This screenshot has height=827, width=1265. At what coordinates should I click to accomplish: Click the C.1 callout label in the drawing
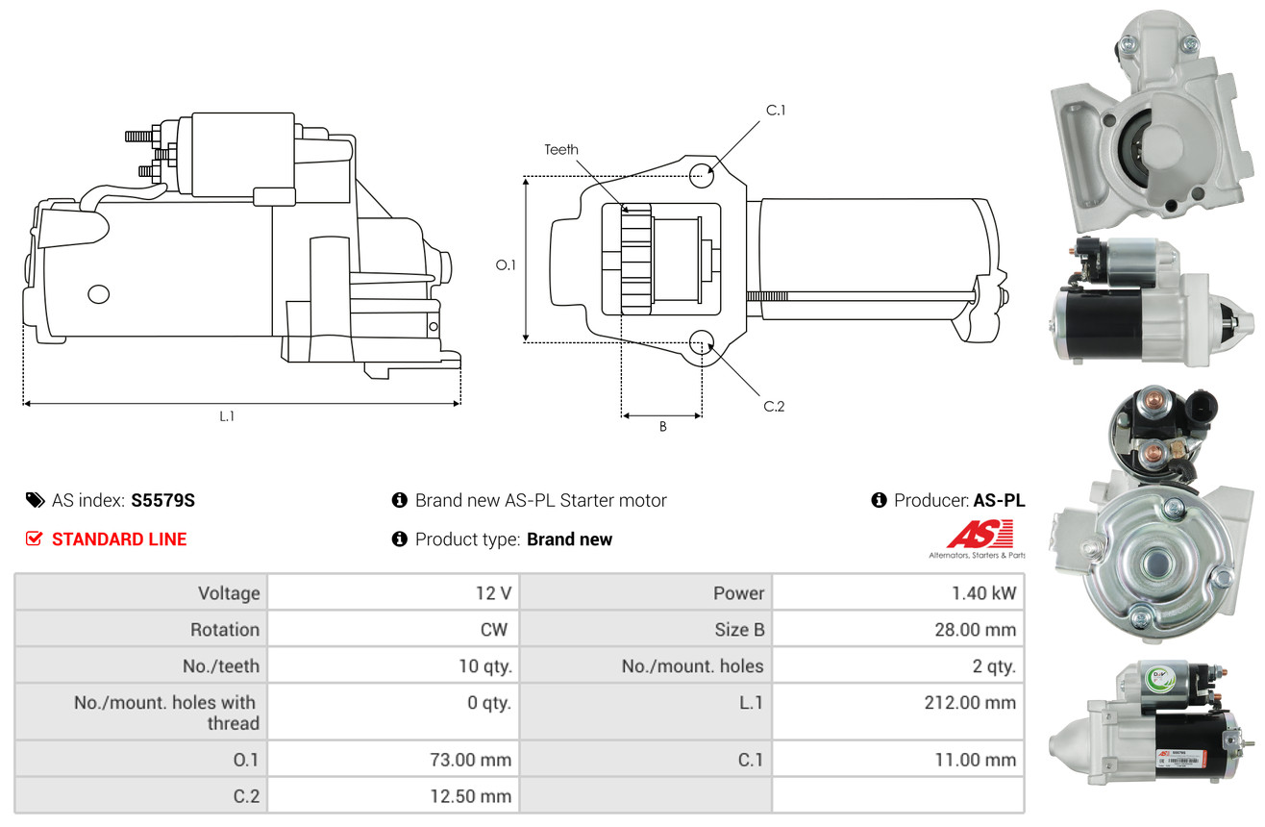(x=776, y=111)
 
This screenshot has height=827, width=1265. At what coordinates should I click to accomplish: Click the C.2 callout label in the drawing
(x=774, y=406)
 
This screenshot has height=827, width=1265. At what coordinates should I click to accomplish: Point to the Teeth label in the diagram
(x=561, y=149)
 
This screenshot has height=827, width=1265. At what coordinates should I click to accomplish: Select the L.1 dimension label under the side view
(x=227, y=416)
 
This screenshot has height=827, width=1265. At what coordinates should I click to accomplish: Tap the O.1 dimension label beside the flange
(x=506, y=264)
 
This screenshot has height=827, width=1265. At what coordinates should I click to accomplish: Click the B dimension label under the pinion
(x=662, y=427)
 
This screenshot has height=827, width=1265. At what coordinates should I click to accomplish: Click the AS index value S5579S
(x=162, y=500)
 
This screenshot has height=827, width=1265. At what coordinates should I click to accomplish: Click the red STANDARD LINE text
(x=119, y=539)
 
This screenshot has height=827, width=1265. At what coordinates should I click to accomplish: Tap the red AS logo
(x=980, y=535)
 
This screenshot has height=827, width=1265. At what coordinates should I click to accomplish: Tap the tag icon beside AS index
(x=35, y=500)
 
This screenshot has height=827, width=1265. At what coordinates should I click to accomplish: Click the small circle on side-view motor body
(x=99, y=294)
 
